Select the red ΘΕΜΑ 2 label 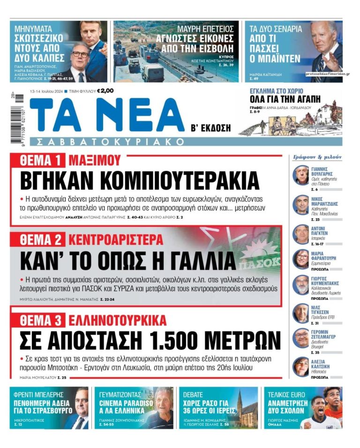(41, 240)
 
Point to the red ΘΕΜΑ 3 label (41, 321)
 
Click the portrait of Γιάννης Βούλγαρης (300, 175)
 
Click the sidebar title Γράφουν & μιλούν (317, 157)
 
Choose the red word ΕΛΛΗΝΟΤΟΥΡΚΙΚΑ (117, 321)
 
